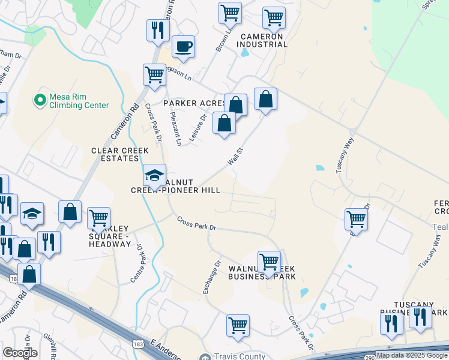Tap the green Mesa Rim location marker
(x=40, y=99)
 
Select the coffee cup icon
(x=183, y=46)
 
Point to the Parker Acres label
(x=195, y=103)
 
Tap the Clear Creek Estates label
(x=115, y=154)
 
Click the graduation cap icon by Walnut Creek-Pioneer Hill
(x=154, y=175)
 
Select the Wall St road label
(x=235, y=157)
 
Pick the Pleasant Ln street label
(x=175, y=128)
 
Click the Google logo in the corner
(x=20, y=353)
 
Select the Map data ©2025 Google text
(x=412, y=355)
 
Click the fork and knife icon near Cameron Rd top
(x=157, y=29)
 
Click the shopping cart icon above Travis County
(x=238, y=325)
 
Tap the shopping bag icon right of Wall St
(x=265, y=98)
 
